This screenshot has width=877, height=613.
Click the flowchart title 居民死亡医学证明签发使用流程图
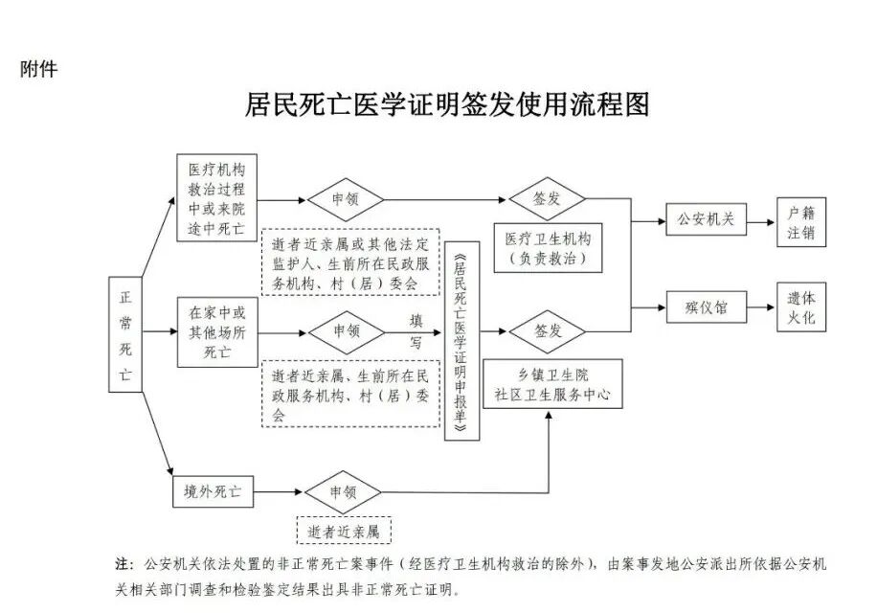[x=447, y=104]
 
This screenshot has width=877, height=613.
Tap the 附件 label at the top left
[x=38, y=69]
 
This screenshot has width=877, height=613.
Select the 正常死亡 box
[x=125, y=335]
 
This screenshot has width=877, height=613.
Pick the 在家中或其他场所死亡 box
[x=217, y=332]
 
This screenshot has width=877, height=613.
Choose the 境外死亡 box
[x=213, y=493]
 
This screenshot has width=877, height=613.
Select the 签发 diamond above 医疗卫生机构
[x=547, y=200]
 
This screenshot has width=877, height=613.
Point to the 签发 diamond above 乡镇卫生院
[x=547, y=332]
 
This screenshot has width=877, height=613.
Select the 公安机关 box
[x=706, y=219]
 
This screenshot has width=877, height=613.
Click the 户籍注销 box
[x=800, y=222]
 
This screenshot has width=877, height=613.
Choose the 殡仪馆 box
[x=706, y=307]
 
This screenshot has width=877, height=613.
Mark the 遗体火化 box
[x=800, y=307]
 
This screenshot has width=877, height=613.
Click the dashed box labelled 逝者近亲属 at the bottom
[x=345, y=530]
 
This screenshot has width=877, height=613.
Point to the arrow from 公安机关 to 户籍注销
[x=759, y=220]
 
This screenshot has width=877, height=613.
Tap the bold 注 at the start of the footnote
[x=121, y=562]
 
